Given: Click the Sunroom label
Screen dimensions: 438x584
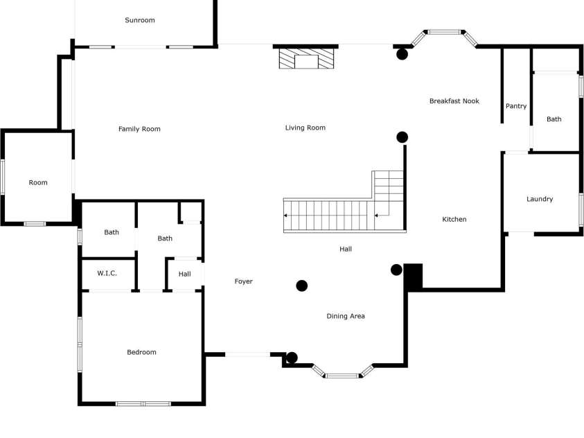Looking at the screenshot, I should [x=140, y=20].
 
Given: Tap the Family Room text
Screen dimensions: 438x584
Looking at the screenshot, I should [x=139, y=129].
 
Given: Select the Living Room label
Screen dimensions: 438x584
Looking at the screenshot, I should [x=306, y=128].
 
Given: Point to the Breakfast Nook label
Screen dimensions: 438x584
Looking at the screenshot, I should [x=454, y=101].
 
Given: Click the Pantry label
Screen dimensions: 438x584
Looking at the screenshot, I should [x=516, y=106].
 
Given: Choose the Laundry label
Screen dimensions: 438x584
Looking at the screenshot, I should [x=540, y=199].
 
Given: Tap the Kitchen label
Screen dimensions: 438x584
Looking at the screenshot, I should [x=454, y=219].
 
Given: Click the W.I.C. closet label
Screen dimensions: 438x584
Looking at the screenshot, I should [x=107, y=274].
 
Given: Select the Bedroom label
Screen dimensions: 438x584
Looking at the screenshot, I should [x=141, y=352].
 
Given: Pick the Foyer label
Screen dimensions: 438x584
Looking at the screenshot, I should [x=243, y=281].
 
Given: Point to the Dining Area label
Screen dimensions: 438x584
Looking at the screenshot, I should [x=346, y=316].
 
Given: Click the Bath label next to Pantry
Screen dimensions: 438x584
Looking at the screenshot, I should [x=554, y=119].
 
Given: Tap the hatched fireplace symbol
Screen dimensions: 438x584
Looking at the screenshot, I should [x=306, y=58].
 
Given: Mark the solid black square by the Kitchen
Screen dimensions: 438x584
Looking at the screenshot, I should [x=414, y=276].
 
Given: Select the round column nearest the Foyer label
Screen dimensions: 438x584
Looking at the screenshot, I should [x=302, y=286].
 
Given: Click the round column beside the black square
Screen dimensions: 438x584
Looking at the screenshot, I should [x=396, y=270].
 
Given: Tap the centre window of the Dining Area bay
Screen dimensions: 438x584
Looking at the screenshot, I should [x=342, y=376].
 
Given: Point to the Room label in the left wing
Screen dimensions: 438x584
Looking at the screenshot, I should [x=38, y=182].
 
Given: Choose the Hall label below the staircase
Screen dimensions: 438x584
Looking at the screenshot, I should [x=346, y=249].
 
